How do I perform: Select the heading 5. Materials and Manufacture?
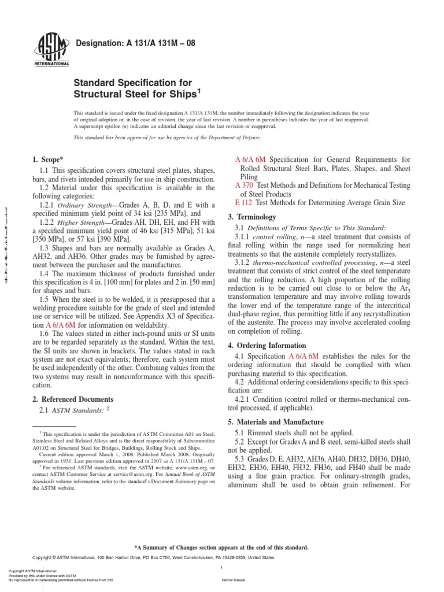coord(279,422)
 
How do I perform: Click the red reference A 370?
coord(243,185)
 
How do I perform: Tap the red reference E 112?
coord(243,203)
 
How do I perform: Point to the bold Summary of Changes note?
coord(221,547)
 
